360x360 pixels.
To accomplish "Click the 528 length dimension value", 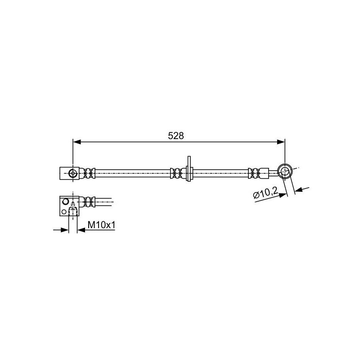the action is tap(176, 136).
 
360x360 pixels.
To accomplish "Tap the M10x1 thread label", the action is tap(101, 225).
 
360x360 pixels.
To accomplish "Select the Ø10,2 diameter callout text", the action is tap(265, 193).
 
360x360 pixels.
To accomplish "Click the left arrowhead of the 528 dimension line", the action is tap(76, 142).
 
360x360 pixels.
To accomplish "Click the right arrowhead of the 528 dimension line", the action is tap(281, 142).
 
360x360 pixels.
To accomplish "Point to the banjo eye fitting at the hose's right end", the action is tap(285, 171).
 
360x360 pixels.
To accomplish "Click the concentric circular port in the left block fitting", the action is tap(73, 173).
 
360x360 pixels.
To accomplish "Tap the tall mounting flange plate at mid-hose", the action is tap(189, 169).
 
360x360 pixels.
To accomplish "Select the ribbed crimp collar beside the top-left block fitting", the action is tap(89, 173).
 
